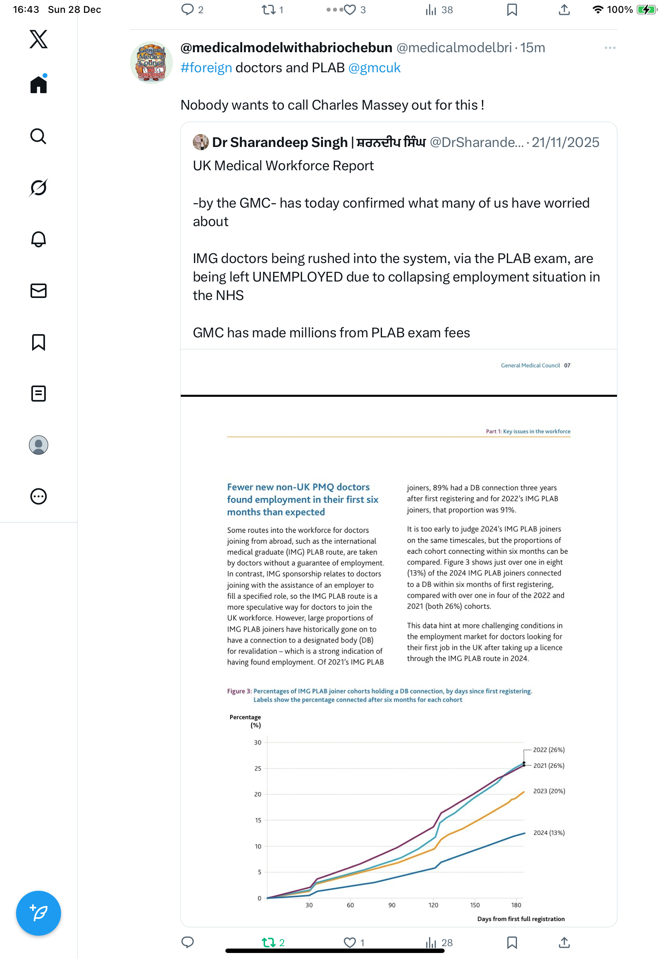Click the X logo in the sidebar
click(x=39, y=39)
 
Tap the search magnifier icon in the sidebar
click(x=38, y=136)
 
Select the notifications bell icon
click(x=39, y=239)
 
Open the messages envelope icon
click(x=39, y=291)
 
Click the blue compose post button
click(x=39, y=913)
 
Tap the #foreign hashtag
click(x=206, y=67)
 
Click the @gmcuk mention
click(x=374, y=67)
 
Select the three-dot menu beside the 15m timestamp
click(x=609, y=48)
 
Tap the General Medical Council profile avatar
click(x=151, y=63)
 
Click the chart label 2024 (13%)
click(x=548, y=833)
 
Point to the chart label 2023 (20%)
click(x=548, y=791)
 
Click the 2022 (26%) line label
click(x=548, y=750)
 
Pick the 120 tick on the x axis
click(x=433, y=905)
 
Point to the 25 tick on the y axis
click(x=258, y=769)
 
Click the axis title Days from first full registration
click(x=521, y=919)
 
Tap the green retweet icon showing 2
click(x=268, y=942)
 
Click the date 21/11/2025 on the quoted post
click(x=565, y=143)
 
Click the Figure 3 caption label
click(x=239, y=691)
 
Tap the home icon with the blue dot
click(x=39, y=84)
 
